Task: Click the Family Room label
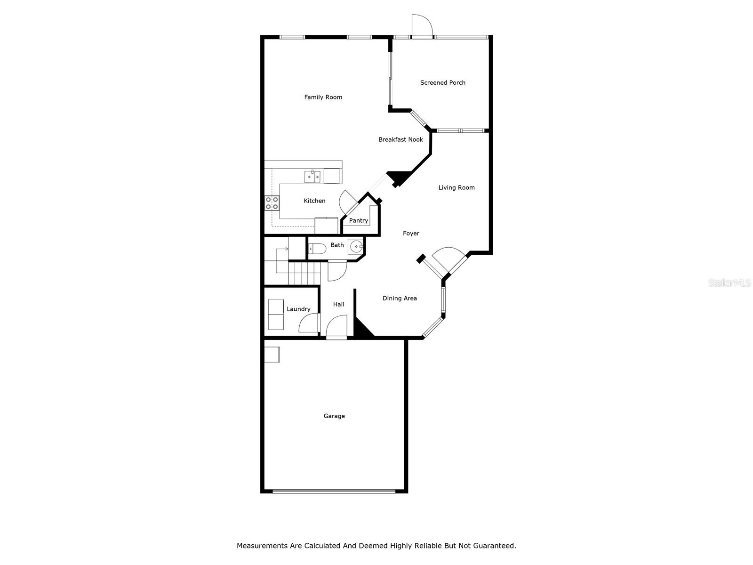pos(323,97)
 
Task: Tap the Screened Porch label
pos(442,82)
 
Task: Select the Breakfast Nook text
pos(401,139)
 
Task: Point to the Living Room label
pos(456,187)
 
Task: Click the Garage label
pos(334,416)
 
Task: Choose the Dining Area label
pos(399,298)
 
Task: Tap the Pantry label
pos(358,220)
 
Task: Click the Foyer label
pos(411,233)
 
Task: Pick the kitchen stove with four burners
pos(272,203)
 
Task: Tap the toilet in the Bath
pos(317,248)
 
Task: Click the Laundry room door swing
pos(309,323)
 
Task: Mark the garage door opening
pos(334,491)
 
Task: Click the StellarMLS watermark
pos(729,282)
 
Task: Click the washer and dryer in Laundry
pos(276,314)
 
